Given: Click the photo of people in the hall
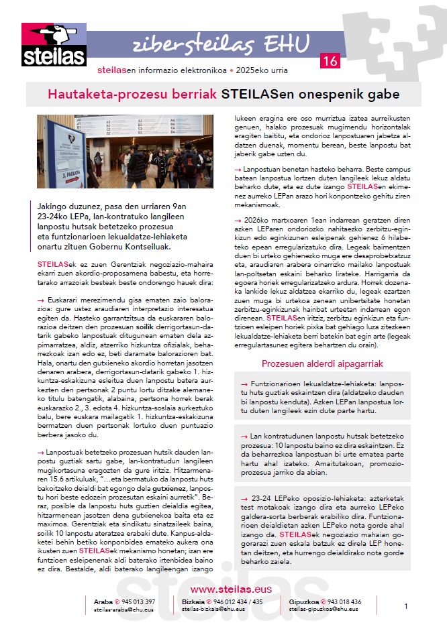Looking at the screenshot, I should point(125,152).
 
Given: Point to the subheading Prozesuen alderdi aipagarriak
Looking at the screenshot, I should point(321,364).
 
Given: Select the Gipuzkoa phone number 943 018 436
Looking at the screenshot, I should point(338,601).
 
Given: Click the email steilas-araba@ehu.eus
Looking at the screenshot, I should point(125,610).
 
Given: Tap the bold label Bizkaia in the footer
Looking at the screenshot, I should point(195,601).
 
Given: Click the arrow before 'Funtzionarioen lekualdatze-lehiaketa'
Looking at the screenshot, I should point(246,384).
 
